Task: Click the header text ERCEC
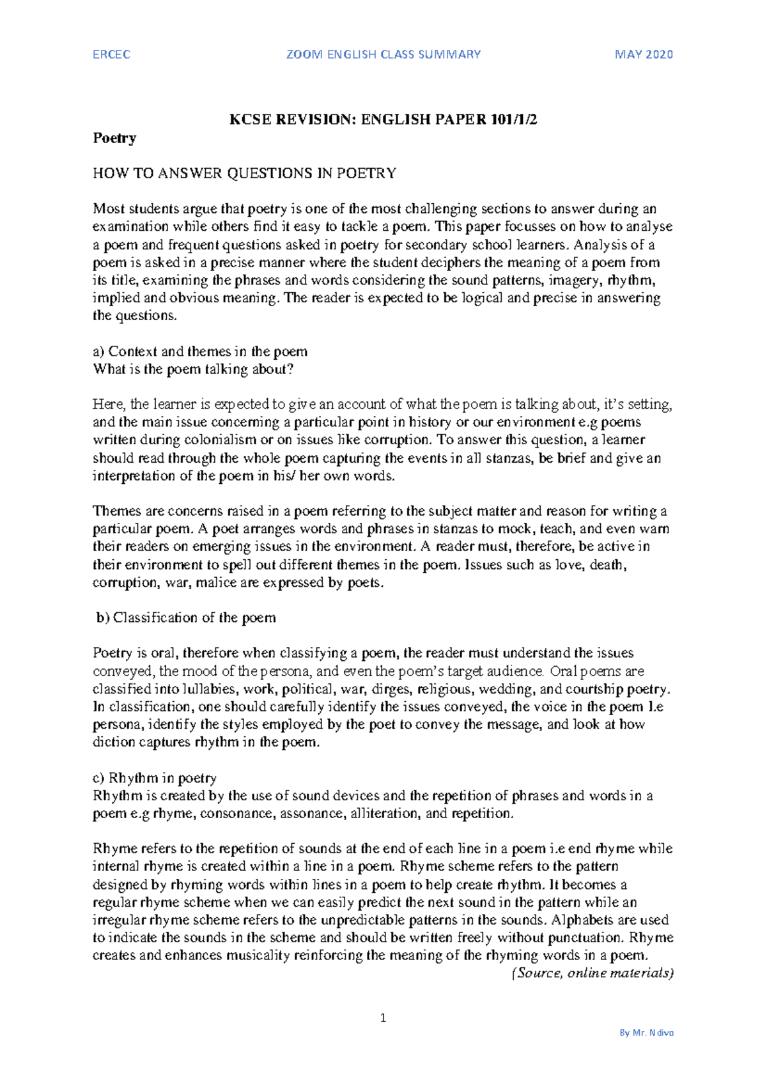tap(111, 54)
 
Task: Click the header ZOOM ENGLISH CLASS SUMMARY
tap(383, 54)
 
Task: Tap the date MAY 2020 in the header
tap(644, 54)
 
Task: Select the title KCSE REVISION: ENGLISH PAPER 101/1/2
tap(383, 120)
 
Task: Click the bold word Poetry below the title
tap(114, 137)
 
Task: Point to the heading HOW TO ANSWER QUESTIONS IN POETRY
tap(244, 173)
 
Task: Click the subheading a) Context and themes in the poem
tap(200, 352)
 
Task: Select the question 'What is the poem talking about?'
tap(193, 369)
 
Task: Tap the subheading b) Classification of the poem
tap(186, 617)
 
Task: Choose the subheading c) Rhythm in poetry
tap(155, 778)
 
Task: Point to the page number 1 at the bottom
tap(383, 1018)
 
